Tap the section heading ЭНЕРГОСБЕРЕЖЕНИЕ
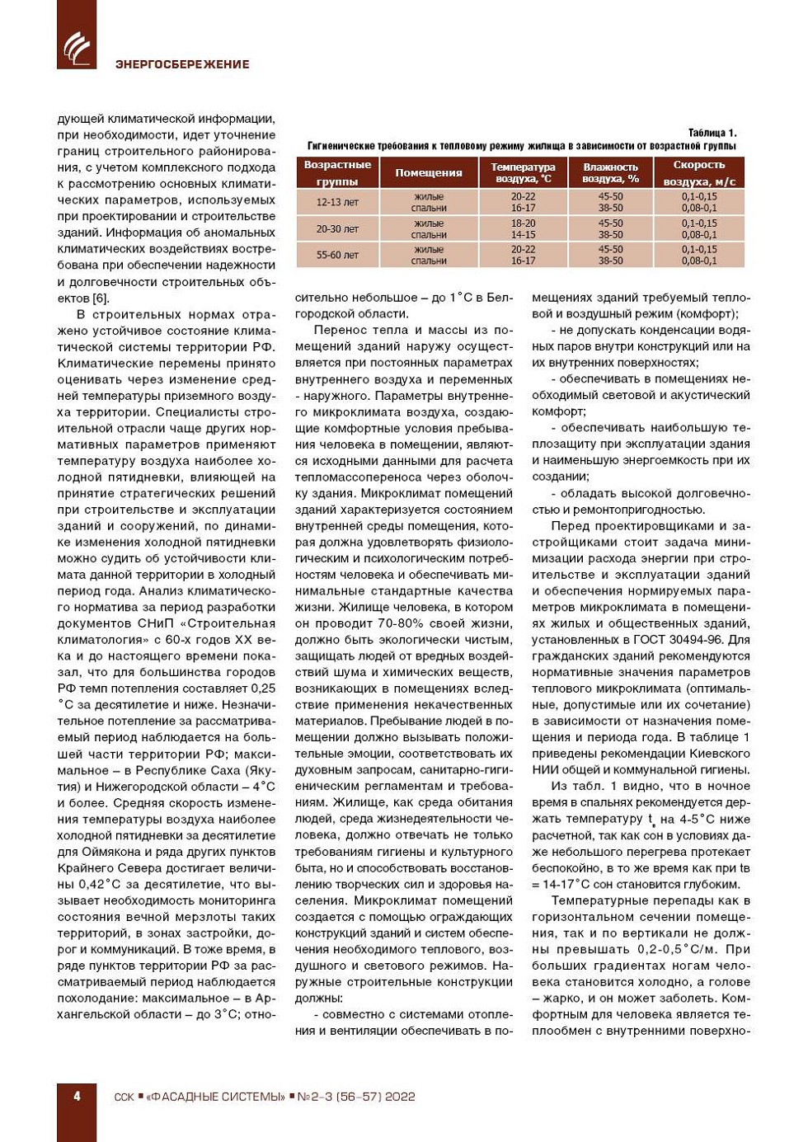[x=182, y=64]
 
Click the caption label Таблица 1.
[x=712, y=133]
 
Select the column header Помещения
[x=428, y=173]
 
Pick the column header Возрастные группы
[x=337, y=173]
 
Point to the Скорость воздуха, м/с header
[x=699, y=173]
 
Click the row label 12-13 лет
[x=337, y=202]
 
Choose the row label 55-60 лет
[x=337, y=255]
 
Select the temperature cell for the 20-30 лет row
[x=523, y=229]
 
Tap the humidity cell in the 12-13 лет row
[x=610, y=202]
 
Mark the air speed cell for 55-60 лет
[x=699, y=255]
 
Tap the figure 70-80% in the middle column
[x=408, y=623]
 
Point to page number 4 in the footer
[x=77, y=1097]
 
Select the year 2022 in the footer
[x=400, y=1097]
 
